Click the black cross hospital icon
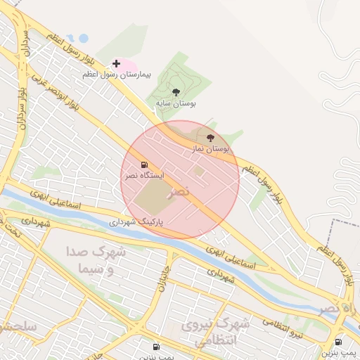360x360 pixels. (x=116, y=64)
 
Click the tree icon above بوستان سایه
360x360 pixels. (x=176, y=92)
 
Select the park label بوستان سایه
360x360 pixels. (x=176, y=103)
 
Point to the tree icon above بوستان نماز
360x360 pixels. (x=210, y=139)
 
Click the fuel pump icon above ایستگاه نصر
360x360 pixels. (x=144, y=165)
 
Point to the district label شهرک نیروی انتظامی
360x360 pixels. (x=216, y=331)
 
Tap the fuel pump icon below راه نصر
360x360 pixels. (x=338, y=342)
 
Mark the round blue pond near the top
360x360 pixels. (x=84, y=38)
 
